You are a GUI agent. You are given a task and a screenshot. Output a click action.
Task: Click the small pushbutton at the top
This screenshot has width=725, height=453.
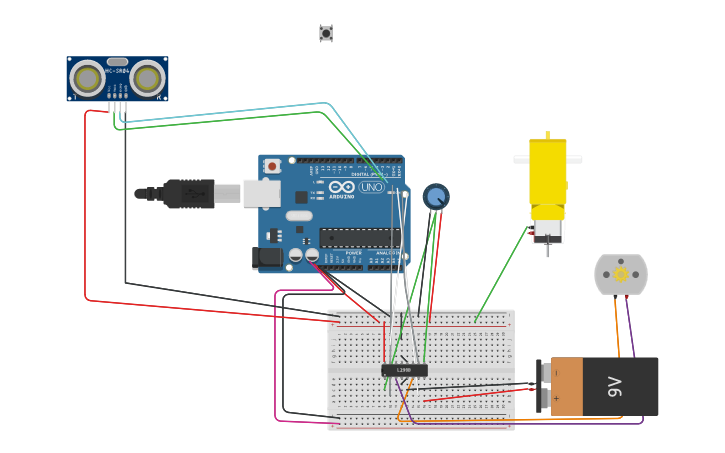[x=326, y=33]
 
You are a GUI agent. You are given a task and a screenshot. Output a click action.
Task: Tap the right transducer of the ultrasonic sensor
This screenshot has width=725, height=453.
[x=148, y=78]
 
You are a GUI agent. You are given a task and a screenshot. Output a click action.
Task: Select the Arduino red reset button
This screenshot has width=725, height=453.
[x=272, y=166]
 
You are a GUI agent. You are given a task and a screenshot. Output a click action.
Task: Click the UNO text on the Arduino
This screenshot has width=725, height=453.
[x=371, y=187]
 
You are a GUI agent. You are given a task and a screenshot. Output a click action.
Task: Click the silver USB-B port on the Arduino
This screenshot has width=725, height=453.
[x=260, y=193]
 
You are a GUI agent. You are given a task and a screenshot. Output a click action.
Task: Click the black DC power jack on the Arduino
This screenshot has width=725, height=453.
[x=267, y=258]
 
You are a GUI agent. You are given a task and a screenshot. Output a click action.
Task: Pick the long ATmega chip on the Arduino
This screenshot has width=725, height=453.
[x=359, y=237]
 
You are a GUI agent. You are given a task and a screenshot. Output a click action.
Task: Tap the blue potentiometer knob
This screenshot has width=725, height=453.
[x=436, y=196]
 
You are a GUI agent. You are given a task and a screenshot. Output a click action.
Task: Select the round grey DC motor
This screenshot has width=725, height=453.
[x=621, y=274]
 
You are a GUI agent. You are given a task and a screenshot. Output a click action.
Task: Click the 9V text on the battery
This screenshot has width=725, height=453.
[x=615, y=386]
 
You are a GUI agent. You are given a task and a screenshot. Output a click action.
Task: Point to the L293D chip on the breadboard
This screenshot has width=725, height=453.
[x=404, y=370]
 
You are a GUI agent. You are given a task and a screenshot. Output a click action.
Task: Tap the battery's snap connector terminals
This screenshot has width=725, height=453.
[x=544, y=386]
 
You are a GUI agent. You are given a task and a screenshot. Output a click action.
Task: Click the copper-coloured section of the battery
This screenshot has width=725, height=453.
[x=567, y=386]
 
